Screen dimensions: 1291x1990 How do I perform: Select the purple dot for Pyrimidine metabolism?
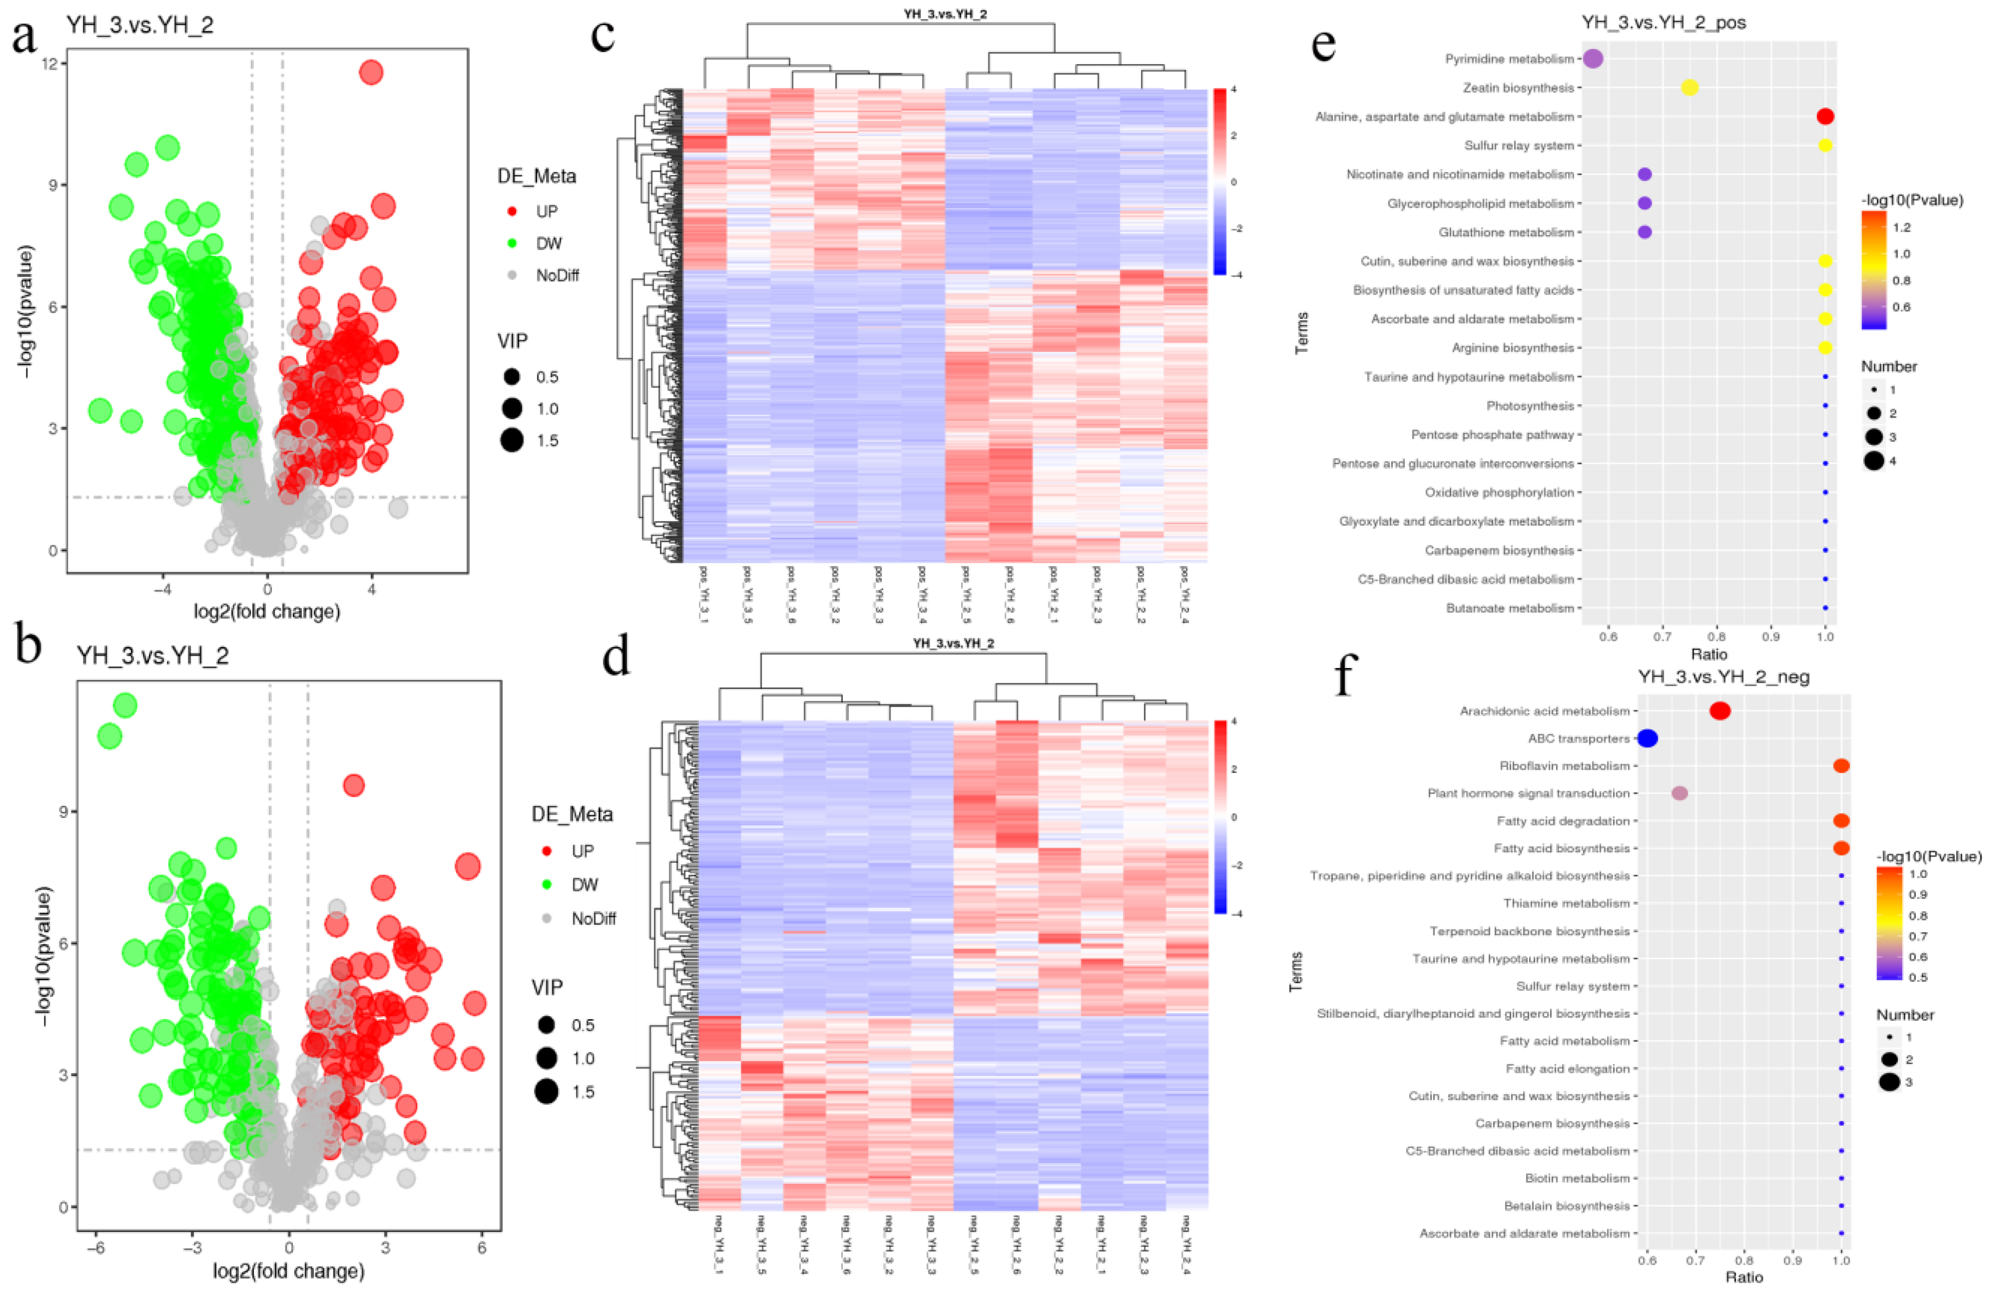tap(1593, 58)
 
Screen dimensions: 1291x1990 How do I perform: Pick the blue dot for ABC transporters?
tap(1647, 738)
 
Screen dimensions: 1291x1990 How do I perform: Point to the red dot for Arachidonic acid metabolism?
tap(1720, 711)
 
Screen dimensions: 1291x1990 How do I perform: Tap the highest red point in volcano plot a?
tap(371, 73)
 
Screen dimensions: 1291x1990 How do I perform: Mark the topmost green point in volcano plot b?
tap(124, 705)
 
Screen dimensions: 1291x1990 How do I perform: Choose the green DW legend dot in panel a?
tap(512, 243)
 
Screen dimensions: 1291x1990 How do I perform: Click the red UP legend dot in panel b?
tap(547, 851)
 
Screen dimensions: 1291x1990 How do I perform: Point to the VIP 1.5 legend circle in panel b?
tap(547, 1092)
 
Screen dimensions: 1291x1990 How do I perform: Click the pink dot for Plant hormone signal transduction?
tap(1679, 793)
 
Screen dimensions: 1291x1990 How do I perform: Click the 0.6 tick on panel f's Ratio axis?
tap(1647, 1260)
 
